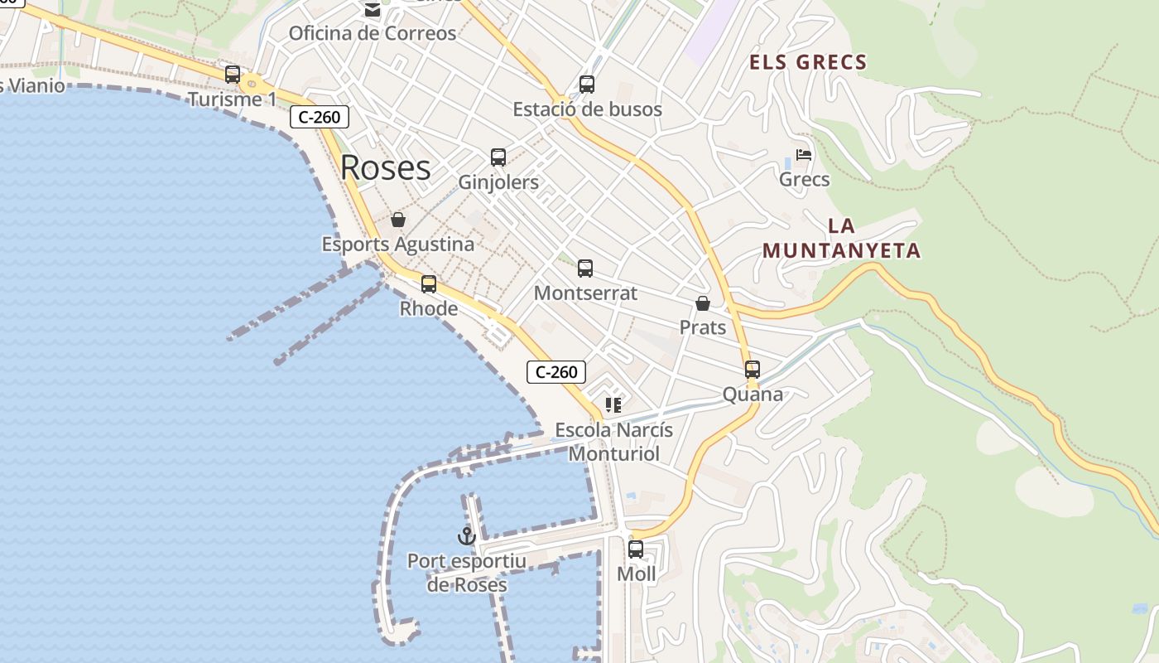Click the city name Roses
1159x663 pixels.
(386, 167)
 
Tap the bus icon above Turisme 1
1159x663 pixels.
(233, 74)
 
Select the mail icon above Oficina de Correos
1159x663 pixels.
(373, 10)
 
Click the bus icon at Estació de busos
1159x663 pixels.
(587, 84)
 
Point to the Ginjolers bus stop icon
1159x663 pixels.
(498, 157)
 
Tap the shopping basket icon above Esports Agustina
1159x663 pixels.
(398, 220)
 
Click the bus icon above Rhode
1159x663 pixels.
(429, 283)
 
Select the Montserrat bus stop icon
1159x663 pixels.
(585, 268)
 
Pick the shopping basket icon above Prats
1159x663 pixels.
(703, 303)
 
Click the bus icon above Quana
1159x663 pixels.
(753, 369)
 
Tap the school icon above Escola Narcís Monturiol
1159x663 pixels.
(613, 405)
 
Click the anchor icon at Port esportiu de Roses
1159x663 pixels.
(467, 536)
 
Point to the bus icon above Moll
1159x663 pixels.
(636, 549)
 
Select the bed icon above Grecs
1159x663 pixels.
(804, 154)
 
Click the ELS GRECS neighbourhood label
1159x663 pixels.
(808, 62)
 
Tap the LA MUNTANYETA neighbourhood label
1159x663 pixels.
(841, 239)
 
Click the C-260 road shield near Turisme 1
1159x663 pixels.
(320, 117)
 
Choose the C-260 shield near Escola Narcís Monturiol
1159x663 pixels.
(556, 372)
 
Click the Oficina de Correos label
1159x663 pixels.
(373, 33)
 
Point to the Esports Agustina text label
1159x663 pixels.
(398, 244)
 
